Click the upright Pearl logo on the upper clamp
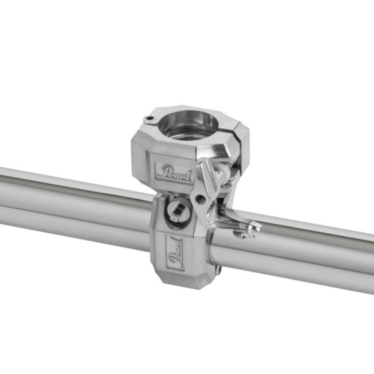[173, 172]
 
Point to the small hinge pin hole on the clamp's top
[150, 118]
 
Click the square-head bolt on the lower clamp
[178, 209]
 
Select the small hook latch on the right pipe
[246, 231]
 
